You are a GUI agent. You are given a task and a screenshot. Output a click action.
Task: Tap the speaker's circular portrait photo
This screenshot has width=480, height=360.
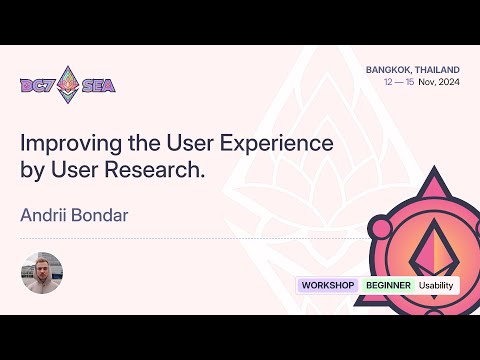tap(42, 272)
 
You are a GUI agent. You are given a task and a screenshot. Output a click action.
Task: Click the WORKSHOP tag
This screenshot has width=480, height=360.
tap(328, 285)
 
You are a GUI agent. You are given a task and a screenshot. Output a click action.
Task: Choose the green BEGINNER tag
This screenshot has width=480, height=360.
tap(388, 285)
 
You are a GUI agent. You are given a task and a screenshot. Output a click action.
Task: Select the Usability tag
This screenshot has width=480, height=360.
tap(436, 285)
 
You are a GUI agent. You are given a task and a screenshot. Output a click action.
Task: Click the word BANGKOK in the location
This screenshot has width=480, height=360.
tap(391, 71)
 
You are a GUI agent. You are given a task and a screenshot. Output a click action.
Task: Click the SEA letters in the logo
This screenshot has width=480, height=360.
tap(98, 86)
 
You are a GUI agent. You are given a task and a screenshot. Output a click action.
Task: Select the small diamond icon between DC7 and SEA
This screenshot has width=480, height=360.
tap(68, 84)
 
